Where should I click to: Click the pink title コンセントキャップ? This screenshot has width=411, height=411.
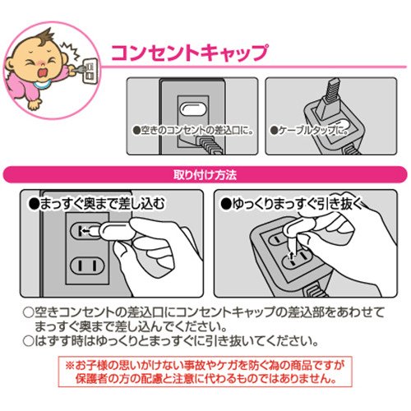[190, 52]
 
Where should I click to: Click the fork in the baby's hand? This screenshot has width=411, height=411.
[78, 69]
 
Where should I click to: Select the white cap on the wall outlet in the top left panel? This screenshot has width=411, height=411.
[193, 109]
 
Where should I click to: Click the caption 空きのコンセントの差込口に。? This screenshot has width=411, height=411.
[192, 130]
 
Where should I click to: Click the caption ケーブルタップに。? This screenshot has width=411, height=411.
[309, 131]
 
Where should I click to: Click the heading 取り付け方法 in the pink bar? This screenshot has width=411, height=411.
[205, 175]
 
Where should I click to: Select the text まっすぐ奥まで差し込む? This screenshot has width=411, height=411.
[97, 204]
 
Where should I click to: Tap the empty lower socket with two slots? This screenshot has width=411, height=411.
[87, 266]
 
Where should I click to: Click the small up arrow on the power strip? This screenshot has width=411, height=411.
[292, 256]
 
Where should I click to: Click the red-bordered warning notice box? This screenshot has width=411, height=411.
[205, 372]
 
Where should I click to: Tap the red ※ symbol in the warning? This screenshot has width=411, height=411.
[70, 365]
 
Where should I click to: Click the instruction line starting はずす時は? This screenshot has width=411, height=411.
[171, 341]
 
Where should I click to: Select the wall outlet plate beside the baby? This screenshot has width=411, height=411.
[90, 71]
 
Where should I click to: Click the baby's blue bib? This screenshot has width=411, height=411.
[44, 85]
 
